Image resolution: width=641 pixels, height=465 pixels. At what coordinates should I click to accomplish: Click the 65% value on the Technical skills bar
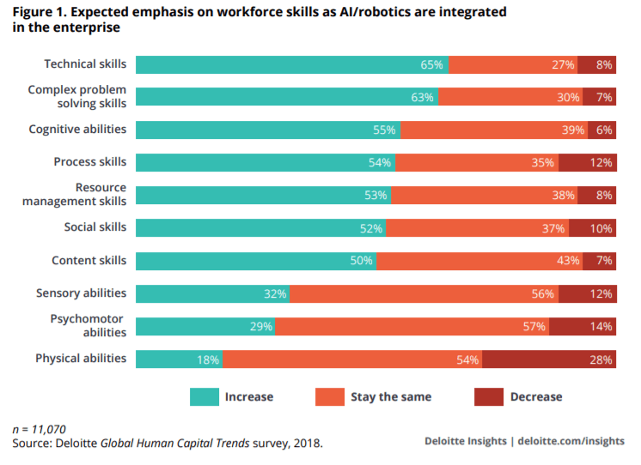click(432, 65)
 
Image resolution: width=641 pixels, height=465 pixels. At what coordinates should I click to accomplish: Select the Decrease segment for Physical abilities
click(548, 359)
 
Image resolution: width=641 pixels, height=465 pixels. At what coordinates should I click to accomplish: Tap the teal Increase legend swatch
click(203, 396)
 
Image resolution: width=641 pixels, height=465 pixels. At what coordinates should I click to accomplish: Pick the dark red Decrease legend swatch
click(487, 396)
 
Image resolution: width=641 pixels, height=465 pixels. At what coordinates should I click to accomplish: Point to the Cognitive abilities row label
click(77, 130)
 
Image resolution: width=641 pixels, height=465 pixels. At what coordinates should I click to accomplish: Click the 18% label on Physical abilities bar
click(209, 359)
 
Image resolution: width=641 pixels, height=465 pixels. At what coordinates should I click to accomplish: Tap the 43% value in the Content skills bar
click(570, 262)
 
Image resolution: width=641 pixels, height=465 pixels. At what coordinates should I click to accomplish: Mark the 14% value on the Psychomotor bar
click(601, 327)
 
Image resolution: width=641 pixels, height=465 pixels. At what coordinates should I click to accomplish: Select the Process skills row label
click(89, 162)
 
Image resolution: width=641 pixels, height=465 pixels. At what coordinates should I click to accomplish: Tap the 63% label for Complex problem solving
click(422, 98)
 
